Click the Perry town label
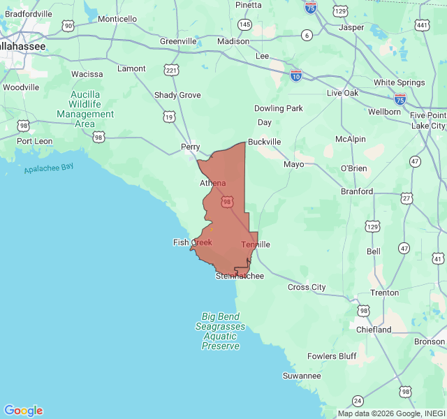pyautogui.click(x=190, y=147)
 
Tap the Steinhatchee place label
pyautogui.click(x=240, y=276)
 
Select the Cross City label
pyautogui.click(x=307, y=287)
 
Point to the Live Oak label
pyautogui.click(x=342, y=93)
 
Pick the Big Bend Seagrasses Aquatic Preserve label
pyautogui.click(x=220, y=331)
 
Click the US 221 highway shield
pyautogui.click(x=171, y=70)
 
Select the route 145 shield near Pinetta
pyautogui.click(x=244, y=24)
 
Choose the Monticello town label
pyautogui.click(x=117, y=19)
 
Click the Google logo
pyautogui.click(x=23, y=411)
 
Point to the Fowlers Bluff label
pyautogui.click(x=332, y=356)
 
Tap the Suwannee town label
pyautogui.click(x=302, y=376)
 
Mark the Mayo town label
pyautogui.click(x=293, y=164)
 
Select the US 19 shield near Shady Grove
pyautogui.click(x=169, y=117)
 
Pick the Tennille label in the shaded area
pyautogui.click(x=256, y=244)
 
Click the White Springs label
pyautogui.click(x=399, y=82)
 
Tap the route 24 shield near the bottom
pyautogui.click(x=358, y=400)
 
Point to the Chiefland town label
pyautogui.click(x=374, y=329)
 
